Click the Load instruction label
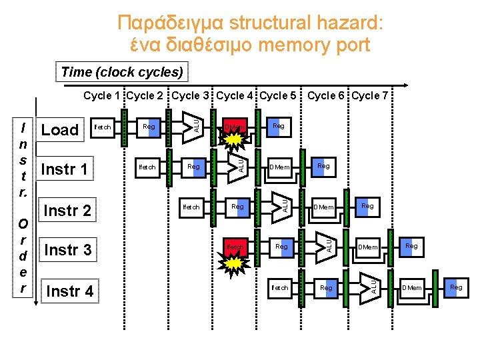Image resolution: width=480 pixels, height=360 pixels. (x=60, y=129)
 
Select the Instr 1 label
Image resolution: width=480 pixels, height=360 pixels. (x=64, y=169)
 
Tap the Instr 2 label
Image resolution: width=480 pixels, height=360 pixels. (x=67, y=211)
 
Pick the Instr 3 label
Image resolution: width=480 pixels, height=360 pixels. (x=67, y=251)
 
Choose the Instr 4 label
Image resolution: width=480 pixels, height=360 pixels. (x=69, y=291)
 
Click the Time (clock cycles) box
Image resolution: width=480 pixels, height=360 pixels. (x=122, y=71)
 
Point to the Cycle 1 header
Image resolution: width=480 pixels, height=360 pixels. (x=102, y=95)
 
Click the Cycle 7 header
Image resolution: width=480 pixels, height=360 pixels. (x=370, y=95)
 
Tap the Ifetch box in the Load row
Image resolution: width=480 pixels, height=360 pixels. (x=103, y=127)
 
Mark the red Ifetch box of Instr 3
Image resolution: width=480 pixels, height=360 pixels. (x=235, y=247)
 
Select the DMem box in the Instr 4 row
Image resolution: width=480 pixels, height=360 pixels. (x=412, y=287)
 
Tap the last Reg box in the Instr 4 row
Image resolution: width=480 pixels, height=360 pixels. (x=456, y=287)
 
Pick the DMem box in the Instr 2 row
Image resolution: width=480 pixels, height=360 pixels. (x=325, y=207)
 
